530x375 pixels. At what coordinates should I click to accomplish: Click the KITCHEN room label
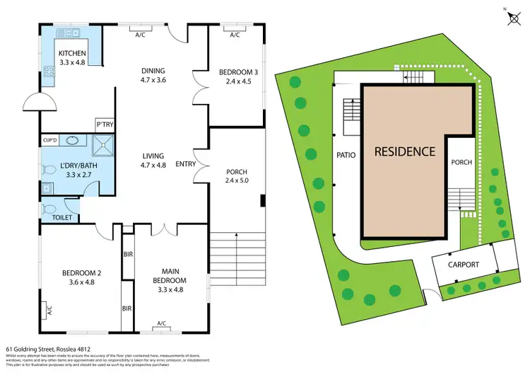(72, 53)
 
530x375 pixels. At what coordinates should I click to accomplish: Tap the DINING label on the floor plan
(153, 71)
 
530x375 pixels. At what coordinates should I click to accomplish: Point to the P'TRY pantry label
(105, 125)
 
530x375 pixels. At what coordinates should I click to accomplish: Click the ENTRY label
(186, 164)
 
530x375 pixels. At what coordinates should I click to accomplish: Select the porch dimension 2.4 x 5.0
(236, 180)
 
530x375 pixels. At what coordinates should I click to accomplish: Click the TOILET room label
(63, 218)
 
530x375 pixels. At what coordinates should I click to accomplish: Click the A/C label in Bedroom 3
(235, 35)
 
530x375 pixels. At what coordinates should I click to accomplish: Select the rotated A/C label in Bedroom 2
(50, 310)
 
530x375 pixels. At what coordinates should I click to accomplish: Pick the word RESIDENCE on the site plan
(404, 151)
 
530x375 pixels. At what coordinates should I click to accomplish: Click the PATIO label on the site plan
(346, 154)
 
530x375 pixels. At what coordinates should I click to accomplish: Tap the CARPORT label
(463, 265)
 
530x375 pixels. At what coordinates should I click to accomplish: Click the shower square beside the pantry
(105, 144)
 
